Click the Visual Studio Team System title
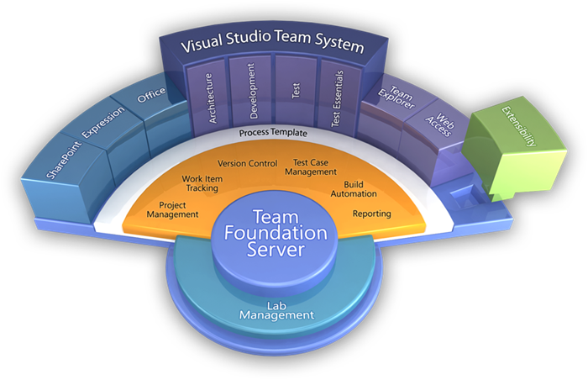click(x=273, y=41)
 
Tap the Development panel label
click(x=252, y=91)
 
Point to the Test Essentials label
click(x=337, y=98)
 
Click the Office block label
click(x=151, y=95)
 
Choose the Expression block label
click(x=103, y=122)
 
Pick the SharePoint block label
click(x=64, y=160)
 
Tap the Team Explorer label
click(x=396, y=98)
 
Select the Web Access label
click(x=440, y=125)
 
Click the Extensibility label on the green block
click(x=519, y=126)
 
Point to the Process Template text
click(x=273, y=133)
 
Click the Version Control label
click(x=248, y=163)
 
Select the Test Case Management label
click(x=311, y=167)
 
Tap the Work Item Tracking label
click(x=202, y=183)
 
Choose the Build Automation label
click(x=354, y=189)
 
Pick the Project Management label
click(x=172, y=210)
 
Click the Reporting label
click(x=371, y=214)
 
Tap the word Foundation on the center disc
click(x=276, y=233)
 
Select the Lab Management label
click(x=276, y=311)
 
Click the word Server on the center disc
click(x=276, y=250)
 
